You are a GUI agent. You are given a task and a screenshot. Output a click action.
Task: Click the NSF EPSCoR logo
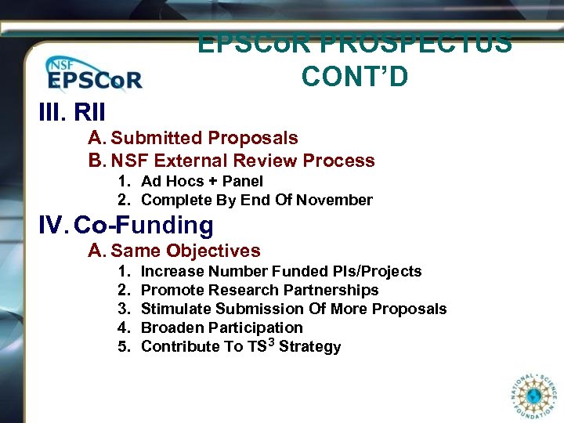(93, 74)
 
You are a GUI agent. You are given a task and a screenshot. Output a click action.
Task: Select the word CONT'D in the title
(354, 77)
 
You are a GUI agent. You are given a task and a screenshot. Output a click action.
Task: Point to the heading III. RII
(72, 110)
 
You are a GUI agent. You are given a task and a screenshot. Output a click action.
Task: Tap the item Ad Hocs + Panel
(201, 181)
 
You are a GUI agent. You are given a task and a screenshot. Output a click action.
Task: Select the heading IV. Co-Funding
(125, 226)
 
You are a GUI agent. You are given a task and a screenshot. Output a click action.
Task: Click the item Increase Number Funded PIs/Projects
(280, 271)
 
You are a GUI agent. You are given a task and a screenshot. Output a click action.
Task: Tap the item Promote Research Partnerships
(259, 290)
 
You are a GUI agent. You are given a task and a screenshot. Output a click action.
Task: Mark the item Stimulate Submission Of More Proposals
(293, 309)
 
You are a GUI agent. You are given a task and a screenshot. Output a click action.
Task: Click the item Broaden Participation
(221, 327)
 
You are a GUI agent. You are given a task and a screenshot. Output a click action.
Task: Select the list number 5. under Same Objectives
(124, 346)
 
